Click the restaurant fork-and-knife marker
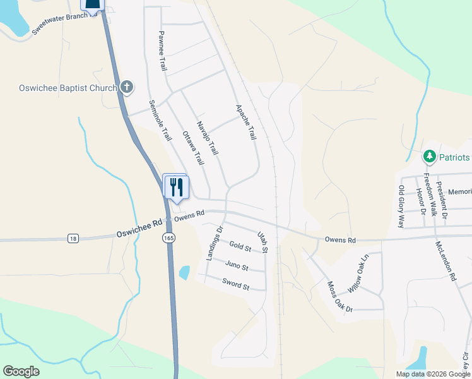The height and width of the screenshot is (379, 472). [x=175, y=186]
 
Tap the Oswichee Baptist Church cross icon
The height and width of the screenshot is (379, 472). [x=127, y=87]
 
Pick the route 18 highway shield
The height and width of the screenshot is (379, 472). [x=74, y=238]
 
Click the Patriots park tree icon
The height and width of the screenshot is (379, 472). [x=429, y=156]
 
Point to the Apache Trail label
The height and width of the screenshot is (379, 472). [x=246, y=122]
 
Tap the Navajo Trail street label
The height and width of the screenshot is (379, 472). [x=207, y=138]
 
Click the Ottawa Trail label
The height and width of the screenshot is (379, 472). [x=193, y=148]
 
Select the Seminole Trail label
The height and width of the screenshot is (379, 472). [x=160, y=120]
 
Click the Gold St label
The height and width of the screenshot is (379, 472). [x=240, y=246]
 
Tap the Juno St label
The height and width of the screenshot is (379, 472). [x=237, y=267]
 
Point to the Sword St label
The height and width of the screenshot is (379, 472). [x=236, y=286]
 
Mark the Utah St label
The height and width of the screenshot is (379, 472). [x=263, y=242]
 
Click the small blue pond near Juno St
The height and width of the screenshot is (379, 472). [x=184, y=273]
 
